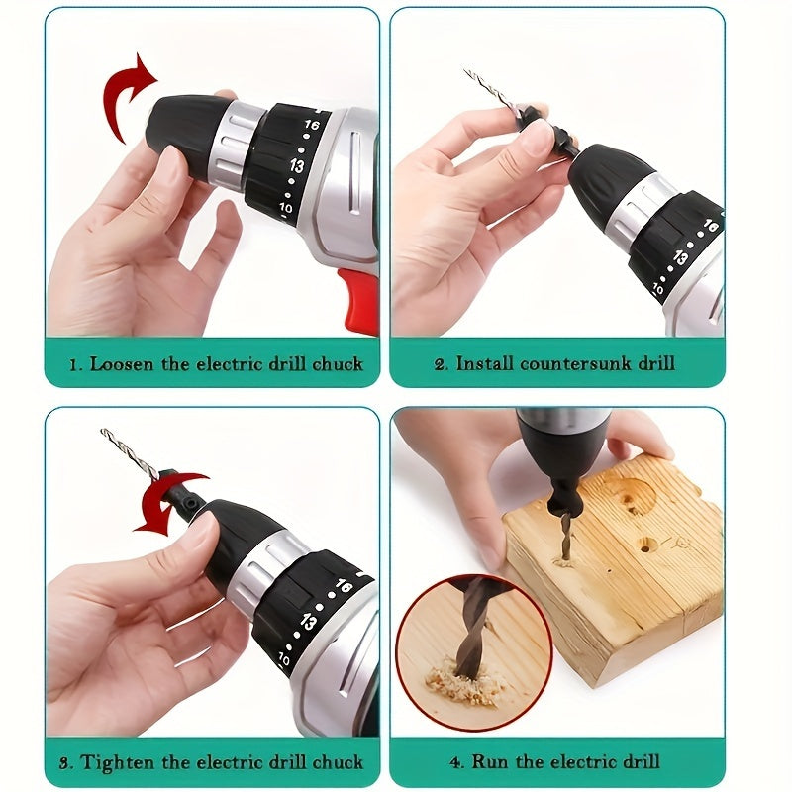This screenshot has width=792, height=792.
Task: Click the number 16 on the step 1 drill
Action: click(312, 127)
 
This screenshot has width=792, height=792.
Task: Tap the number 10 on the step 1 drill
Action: click(286, 209)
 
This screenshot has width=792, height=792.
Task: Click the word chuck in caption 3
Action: click(338, 762)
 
